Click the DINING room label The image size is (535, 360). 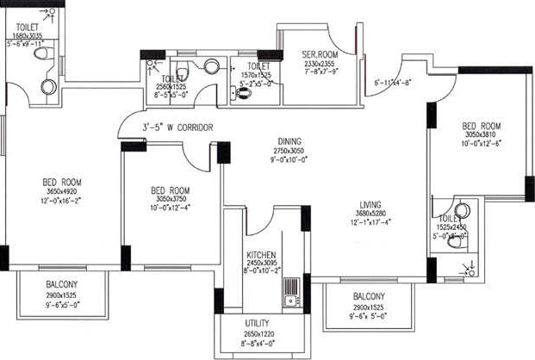289,142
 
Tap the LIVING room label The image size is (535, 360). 371,205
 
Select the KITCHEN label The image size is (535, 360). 259,256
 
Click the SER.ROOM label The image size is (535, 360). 306,54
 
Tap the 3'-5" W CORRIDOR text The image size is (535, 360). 178,127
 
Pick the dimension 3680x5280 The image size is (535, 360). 371,214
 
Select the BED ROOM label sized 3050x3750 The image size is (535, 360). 170,190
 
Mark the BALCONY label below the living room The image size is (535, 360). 369,297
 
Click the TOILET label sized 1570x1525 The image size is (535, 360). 258,65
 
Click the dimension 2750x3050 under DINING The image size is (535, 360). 289,151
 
